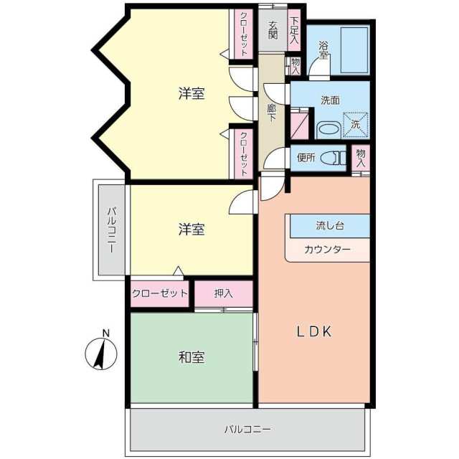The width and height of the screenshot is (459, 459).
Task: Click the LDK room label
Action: [x=314, y=332]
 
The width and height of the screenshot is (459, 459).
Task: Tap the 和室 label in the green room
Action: [x=191, y=357]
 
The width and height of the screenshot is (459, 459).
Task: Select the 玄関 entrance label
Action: [x=273, y=30]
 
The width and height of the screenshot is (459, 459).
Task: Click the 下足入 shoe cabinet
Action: [x=294, y=30]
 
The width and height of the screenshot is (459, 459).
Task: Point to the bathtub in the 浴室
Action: [x=354, y=50]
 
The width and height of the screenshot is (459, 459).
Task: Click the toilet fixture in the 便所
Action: [x=333, y=158]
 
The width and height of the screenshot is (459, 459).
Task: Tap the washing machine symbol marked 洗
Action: [x=356, y=124]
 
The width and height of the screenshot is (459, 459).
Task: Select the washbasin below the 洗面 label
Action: [x=328, y=130]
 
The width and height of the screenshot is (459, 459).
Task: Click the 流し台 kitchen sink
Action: [x=330, y=226]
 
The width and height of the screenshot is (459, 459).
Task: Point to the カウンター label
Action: [x=327, y=250]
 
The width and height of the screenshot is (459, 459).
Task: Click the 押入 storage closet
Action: [x=224, y=293]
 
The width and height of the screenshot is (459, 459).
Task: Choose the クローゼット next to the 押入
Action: [x=159, y=293]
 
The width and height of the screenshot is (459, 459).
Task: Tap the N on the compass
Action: [x=106, y=333]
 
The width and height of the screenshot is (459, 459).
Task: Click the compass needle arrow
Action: [x=100, y=354]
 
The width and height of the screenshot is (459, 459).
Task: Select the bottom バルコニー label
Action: [x=247, y=430]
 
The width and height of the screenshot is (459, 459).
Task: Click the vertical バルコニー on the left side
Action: [x=111, y=229]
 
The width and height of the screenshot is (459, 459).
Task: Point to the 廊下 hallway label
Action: [x=272, y=113]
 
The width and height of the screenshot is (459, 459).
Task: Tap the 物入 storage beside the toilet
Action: [x=361, y=158]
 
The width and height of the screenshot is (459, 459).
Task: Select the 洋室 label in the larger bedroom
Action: [x=191, y=93]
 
